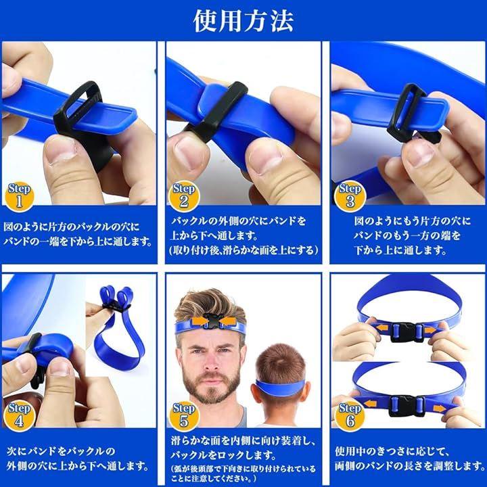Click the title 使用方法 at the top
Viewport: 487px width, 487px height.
[x=243, y=21]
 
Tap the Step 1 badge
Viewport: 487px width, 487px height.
[x=19, y=196]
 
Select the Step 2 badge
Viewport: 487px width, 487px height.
[x=183, y=196]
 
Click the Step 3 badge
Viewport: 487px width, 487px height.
[x=350, y=196]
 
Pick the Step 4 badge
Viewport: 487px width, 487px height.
[x=19, y=417]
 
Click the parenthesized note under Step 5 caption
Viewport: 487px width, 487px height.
[x=243, y=473]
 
